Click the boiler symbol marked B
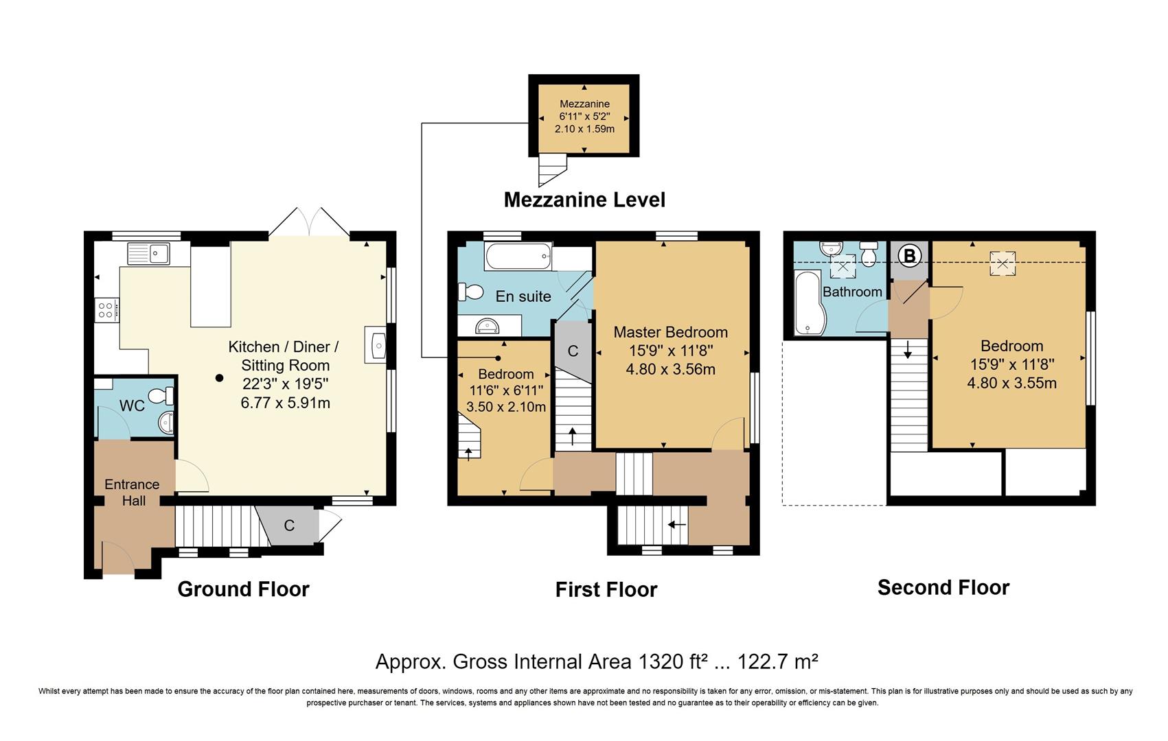pos(909,257)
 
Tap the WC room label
pos(132,405)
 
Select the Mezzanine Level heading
pos(584,200)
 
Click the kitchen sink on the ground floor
pos(149,253)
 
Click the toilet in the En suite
pos(472,293)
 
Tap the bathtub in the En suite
pos(518,257)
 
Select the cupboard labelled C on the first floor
pos(573,351)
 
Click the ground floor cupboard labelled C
pos(289,526)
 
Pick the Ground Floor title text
pos(243,589)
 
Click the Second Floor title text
pos(943,587)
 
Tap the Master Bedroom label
pos(670,332)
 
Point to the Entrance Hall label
pos(132,492)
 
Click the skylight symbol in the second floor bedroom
pos(1003,263)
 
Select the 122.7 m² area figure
pos(777,661)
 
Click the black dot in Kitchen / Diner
pos(219,377)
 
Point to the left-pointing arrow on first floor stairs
pos(677,525)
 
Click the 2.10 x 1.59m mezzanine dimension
pos(584,128)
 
